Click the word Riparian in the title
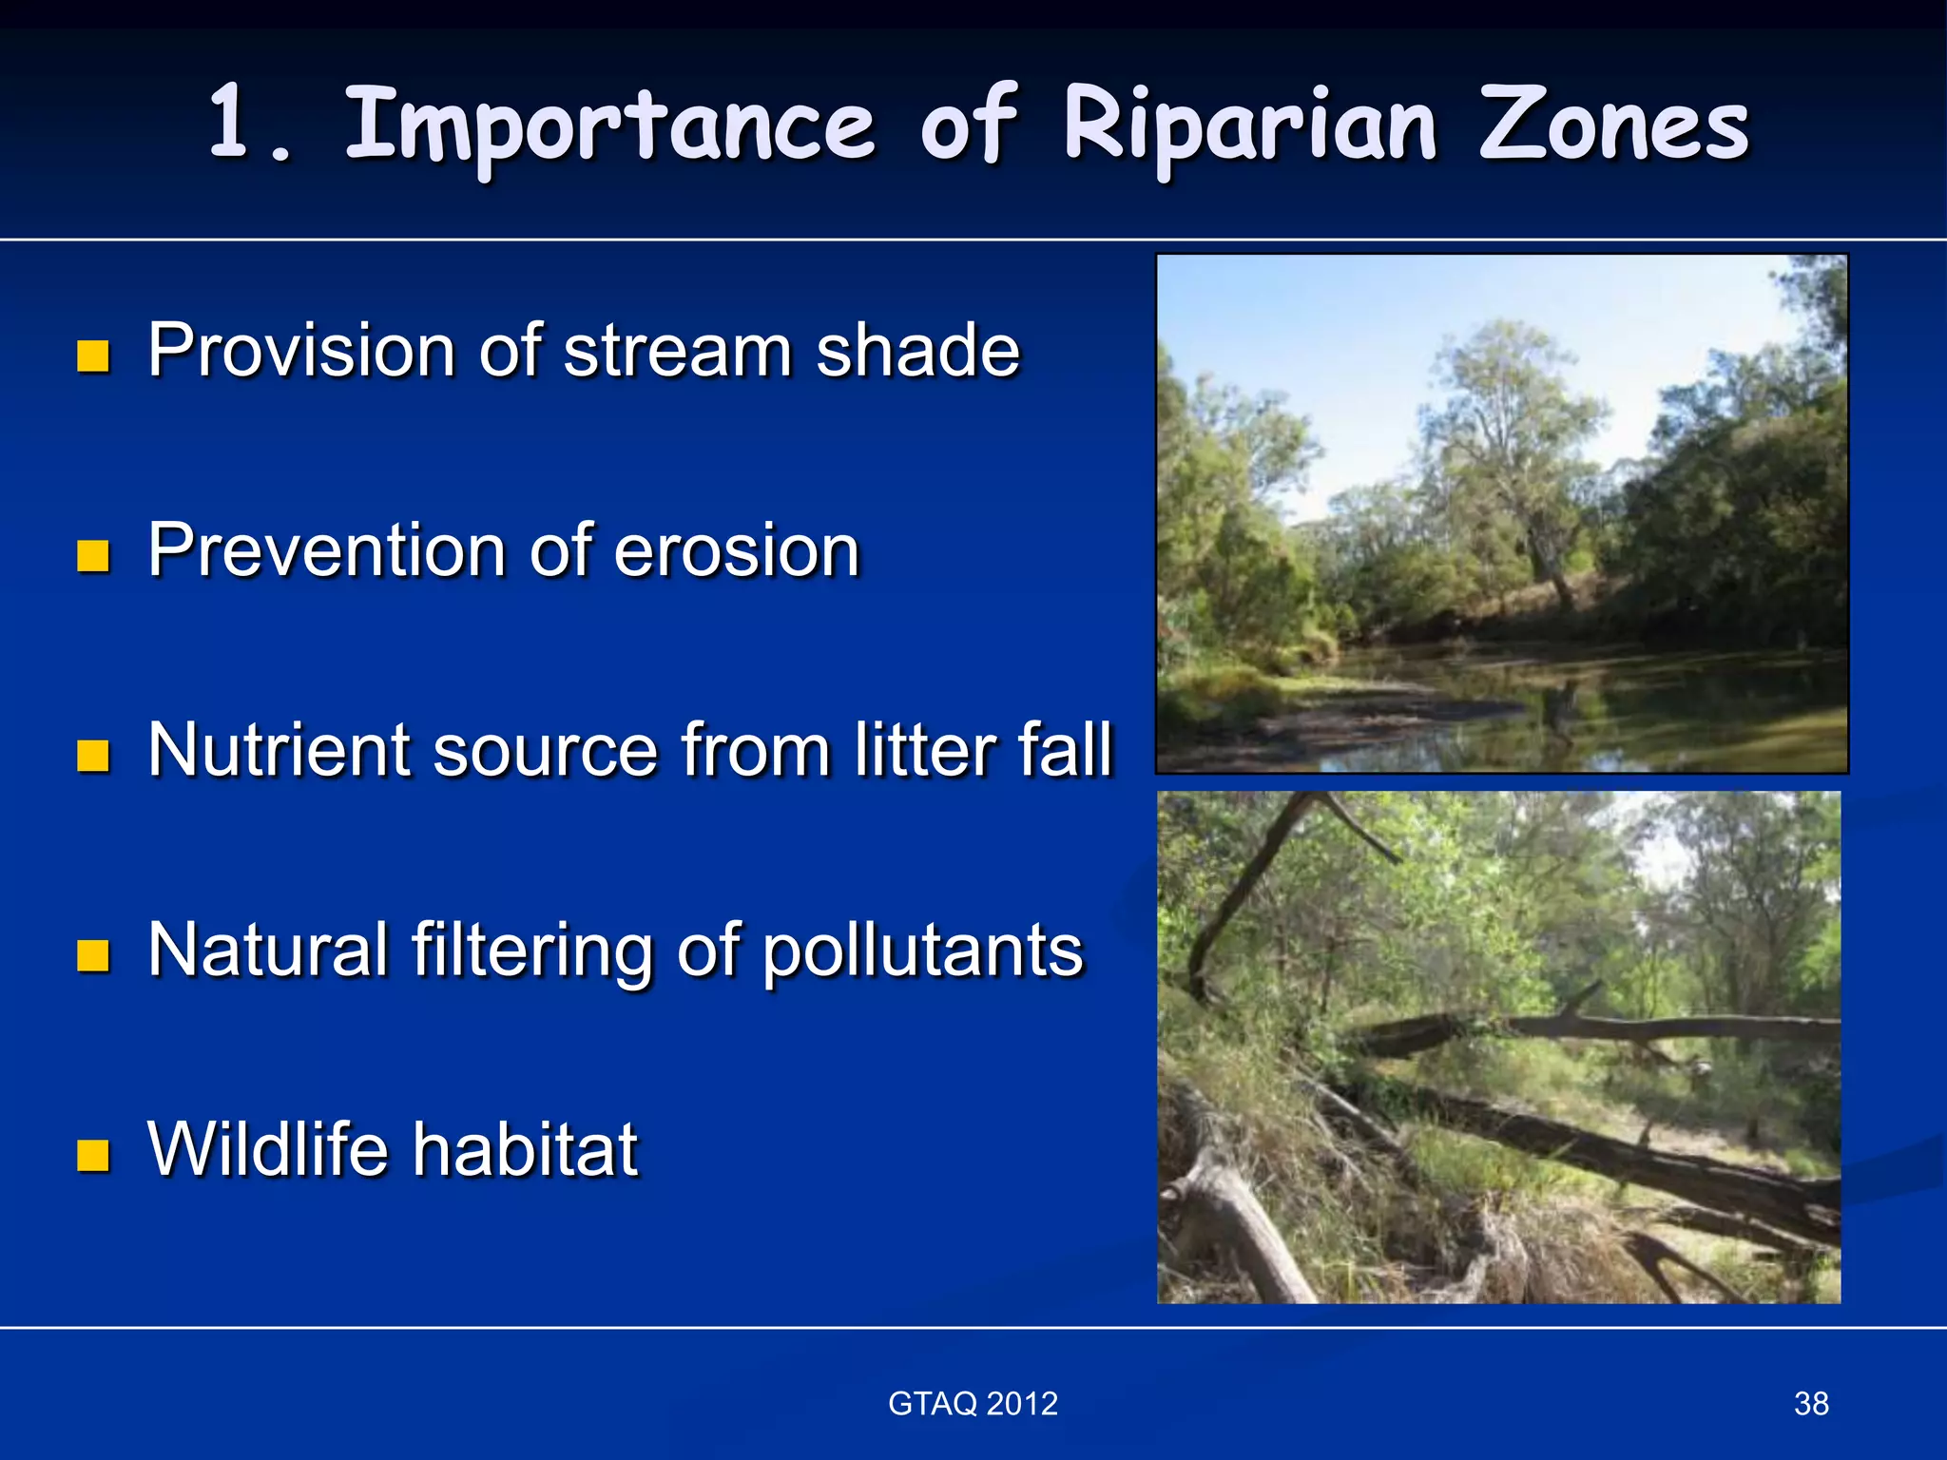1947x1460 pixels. coord(1249,125)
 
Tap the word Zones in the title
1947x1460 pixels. coord(1613,125)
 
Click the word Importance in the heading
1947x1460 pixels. coord(608,125)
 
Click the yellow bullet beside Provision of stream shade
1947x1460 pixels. coord(93,356)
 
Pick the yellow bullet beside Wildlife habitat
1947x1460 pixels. coord(93,1156)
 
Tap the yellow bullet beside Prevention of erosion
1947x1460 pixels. coord(93,556)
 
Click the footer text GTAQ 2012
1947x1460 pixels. coord(973,1403)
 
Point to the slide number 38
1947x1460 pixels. coord(1810,1403)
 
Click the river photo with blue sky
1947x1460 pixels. coord(1502,513)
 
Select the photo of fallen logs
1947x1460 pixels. coord(1498,1047)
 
